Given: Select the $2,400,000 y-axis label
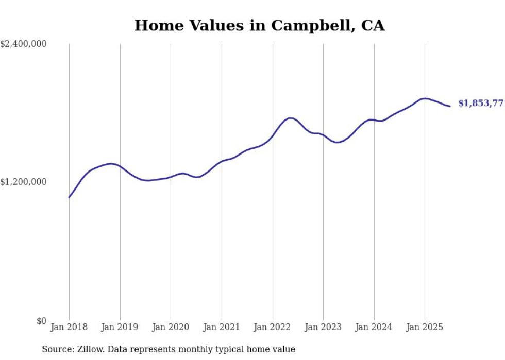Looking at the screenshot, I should pyautogui.click(x=23, y=44).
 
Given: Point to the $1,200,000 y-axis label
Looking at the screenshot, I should pyautogui.click(x=23, y=182).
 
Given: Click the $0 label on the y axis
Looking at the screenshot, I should pyautogui.click(x=41, y=321).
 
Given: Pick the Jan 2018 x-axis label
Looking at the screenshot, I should pyautogui.click(x=69, y=327).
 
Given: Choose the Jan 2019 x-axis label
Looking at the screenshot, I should pyautogui.click(x=120, y=327).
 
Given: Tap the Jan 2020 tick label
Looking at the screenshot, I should pyautogui.click(x=171, y=327).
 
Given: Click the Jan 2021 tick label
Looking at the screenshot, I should pyautogui.click(x=222, y=327).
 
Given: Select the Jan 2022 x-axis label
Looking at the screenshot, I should pyautogui.click(x=272, y=327).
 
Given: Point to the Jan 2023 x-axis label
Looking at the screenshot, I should pyautogui.click(x=323, y=327).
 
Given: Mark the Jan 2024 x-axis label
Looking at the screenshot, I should pyautogui.click(x=374, y=327).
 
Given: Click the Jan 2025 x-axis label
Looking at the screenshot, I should pyautogui.click(x=425, y=327).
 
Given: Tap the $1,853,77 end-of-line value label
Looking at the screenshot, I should pyautogui.click(x=480, y=104).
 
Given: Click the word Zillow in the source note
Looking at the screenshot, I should pyautogui.click(x=90, y=349).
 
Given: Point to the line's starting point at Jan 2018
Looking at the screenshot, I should pyautogui.click(x=69, y=197).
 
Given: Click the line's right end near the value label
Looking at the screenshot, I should pyautogui.click(x=450, y=106).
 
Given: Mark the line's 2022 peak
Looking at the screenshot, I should pyautogui.click(x=291, y=118).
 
